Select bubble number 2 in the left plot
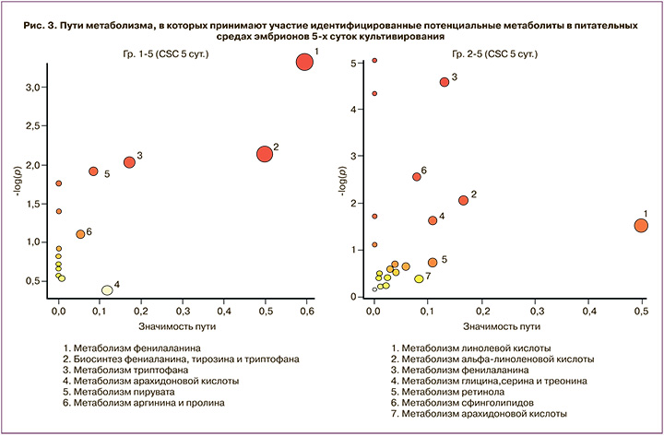tap(265, 154)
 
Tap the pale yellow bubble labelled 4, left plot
tap(107, 289)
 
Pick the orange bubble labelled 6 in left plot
tap(80, 234)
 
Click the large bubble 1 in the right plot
tap(642, 225)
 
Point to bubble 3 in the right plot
tap(445, 82)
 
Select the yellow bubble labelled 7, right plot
tap(419, 278)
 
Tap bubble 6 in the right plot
tap(416, 177)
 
